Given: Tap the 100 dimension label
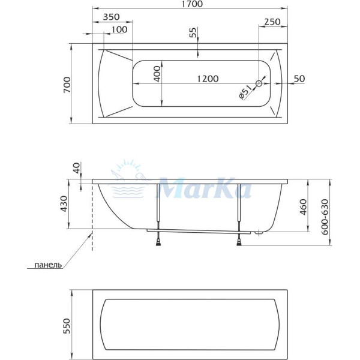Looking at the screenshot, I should [x=119, y=29].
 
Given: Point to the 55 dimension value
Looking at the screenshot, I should [x=193, y=33].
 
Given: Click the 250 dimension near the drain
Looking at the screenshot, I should [x=272, y=22].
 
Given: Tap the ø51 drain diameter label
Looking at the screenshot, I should [x=245, y=93].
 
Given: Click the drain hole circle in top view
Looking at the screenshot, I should [x=259, y=84].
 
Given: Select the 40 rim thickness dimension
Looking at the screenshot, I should [x=76, y=169].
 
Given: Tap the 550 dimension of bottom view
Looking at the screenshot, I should [x=67, y=325].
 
